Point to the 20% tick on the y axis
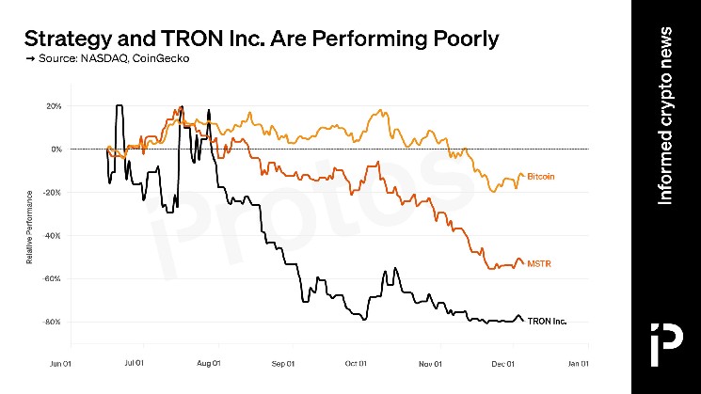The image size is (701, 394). click(54, 105)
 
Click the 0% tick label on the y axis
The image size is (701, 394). click(56, 149)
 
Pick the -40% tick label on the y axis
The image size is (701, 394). click(53, 235)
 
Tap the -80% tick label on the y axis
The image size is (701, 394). click(53, 322)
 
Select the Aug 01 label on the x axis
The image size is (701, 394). click(210, 362)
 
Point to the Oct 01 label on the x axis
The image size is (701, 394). click(357, 362)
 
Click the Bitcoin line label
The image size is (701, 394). click(541, 176)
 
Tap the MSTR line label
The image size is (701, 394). click(538, 264)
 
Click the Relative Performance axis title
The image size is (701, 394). click(30, 227)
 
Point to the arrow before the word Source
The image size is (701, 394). click(28, 59)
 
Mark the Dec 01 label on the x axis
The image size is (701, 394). click(504, 362)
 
